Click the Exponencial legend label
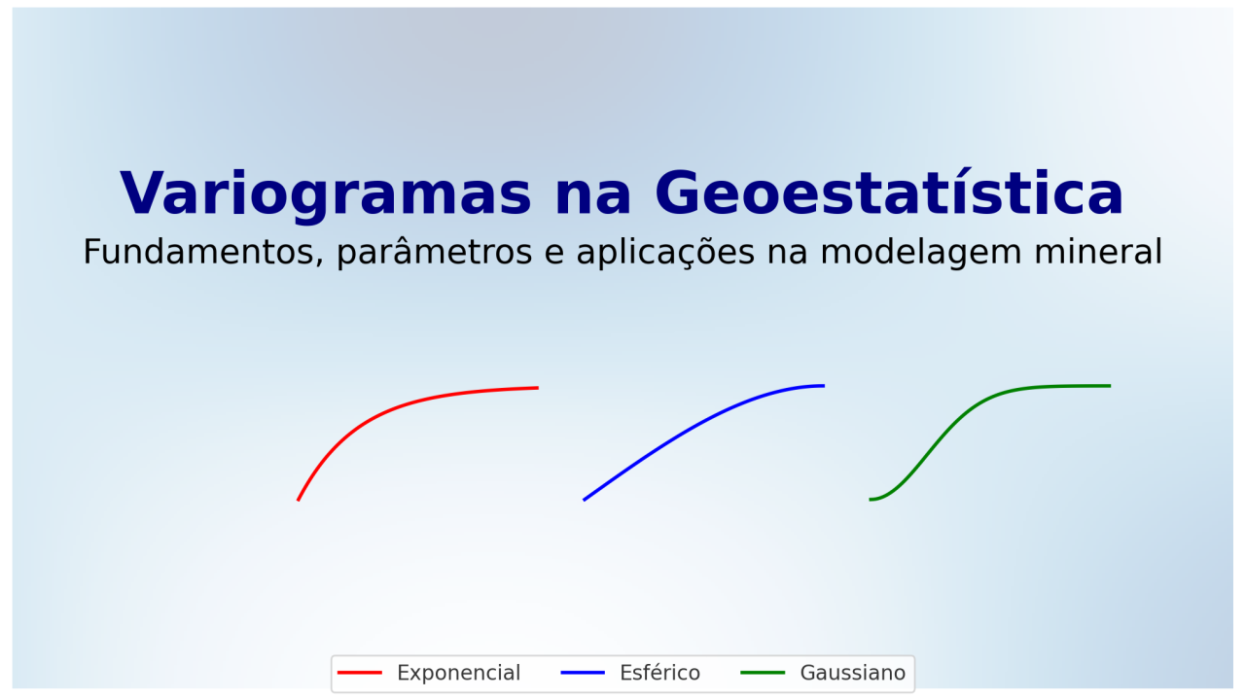tap(458, 673)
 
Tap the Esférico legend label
tap(659, 673)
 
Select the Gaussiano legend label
tap(852, 673)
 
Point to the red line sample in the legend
tap(359, 673)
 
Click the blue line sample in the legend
tap(583, 673)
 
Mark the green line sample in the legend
tap(763, 673)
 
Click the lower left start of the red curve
tap(299, 500)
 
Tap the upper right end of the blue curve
tap(823, 386)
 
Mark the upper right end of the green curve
tap(1109, 386)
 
